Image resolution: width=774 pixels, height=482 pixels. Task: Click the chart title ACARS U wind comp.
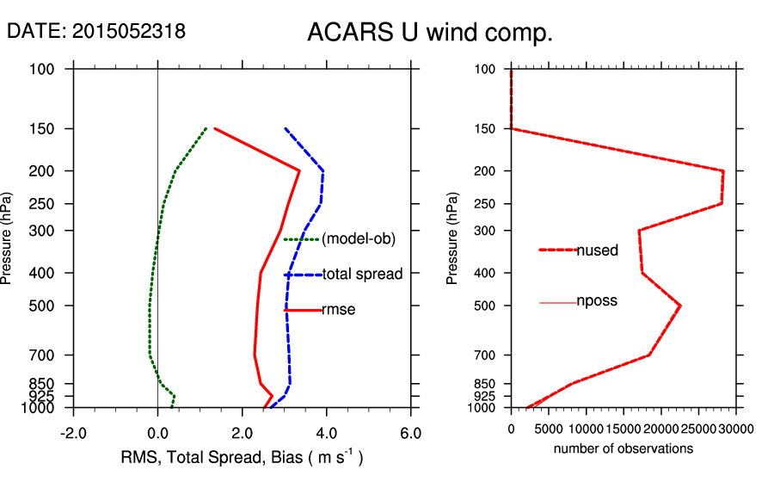point(429,34)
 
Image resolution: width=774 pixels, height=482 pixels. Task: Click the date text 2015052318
point(129,32)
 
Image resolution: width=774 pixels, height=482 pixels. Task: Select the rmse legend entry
point(338,310)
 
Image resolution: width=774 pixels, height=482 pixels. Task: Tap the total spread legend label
point(362,275)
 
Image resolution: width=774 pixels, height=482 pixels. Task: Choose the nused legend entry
point(598,250)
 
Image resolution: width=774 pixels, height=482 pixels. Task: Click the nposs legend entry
point(597,301)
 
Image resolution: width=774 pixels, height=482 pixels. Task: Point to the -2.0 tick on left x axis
point(74,432)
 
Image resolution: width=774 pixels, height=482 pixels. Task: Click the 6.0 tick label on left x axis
point(411,432)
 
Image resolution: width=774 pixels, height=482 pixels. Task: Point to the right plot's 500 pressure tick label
point(485,306)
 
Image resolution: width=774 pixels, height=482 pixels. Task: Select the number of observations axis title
point(623,448)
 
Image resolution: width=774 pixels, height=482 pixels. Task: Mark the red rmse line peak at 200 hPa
point(299,170)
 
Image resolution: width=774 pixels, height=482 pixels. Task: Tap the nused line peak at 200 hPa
point(723,170)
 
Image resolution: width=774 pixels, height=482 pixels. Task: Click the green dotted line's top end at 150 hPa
point(206,129)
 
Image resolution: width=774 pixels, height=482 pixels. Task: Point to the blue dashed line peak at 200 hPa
point(323,170)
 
